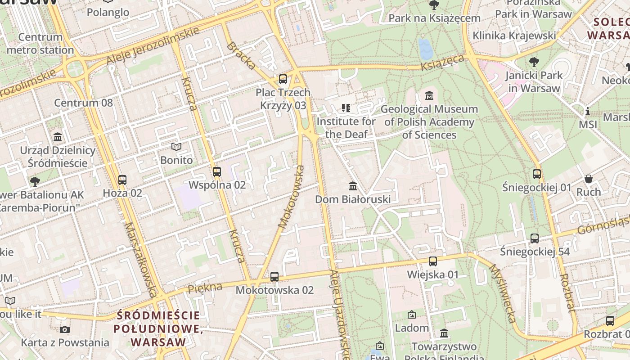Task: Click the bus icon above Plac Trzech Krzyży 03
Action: click(x=283, y=79)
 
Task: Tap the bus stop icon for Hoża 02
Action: click(x=122, y=180)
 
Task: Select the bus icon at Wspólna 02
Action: click(x=217, y=172)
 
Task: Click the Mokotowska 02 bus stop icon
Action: click(x=274, y=277)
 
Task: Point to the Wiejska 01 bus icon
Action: click(x=433, y=261)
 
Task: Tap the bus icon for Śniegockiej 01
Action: click(x=536, y=174)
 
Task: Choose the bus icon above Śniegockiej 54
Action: click(x=535, y=238)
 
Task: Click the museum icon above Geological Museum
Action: click(x=429, y=96)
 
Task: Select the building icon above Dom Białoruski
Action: click(x=353, y=186)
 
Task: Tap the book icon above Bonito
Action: click(x=176, y=147)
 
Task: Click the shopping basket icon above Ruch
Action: click(x=589, y=179)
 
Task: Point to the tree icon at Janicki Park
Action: click(x=534, y=62)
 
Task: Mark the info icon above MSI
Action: click(x=587, y=111)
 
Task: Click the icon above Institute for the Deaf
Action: click(x=346, y=108)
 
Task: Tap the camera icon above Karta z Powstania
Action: click(x=65, y=329)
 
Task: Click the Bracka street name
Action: click(x=241, y=56)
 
